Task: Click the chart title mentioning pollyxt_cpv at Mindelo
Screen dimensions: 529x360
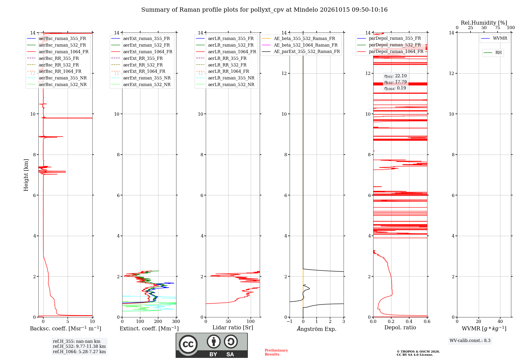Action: tap(264, 10)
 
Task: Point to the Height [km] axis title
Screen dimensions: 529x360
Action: tap(26, 175)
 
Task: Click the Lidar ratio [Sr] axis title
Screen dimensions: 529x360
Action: tap(233, 327)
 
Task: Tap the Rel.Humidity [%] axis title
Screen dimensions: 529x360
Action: tap(484, 23)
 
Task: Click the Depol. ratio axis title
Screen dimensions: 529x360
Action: tap(400, 327)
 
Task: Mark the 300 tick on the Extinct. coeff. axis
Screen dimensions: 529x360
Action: tap(176, 322)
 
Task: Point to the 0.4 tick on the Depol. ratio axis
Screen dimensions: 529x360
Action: tap(409, 322)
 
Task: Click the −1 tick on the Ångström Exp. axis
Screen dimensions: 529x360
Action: tap(290, 322)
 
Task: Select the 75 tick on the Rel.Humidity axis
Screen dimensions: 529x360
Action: tap(498, 28)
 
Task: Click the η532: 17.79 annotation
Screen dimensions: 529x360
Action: tap(395, 82)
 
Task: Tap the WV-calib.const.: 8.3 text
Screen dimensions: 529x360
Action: tap(470, 341)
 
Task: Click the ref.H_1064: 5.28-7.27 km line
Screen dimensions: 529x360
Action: tap(79, 352)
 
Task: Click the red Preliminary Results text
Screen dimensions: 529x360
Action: tap(276, 352)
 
